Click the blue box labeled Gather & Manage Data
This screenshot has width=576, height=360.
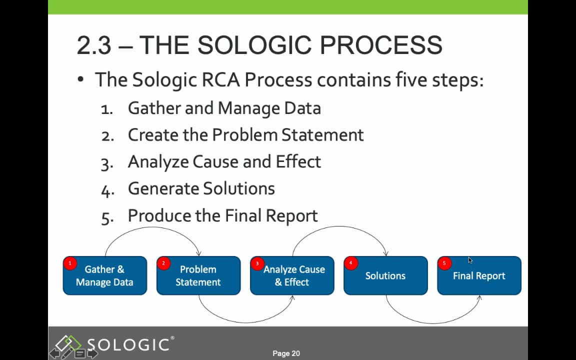click(104, 276)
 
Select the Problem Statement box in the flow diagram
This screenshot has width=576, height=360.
click(198, 276)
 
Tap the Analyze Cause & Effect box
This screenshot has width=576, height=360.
click(292, 276)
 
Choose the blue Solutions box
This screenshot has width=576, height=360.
click(385, 276)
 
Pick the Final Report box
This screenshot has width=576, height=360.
click(479, 276)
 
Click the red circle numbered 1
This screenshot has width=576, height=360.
click(70, 263)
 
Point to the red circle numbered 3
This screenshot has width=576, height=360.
click(257, 263)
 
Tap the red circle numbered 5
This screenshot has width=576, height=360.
click(444, 263)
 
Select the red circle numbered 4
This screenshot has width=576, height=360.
click(351, 263)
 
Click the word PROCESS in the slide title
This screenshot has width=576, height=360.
click(380, 45)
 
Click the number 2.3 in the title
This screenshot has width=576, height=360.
click(93, 45)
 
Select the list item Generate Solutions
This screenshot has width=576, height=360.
click(201, 188)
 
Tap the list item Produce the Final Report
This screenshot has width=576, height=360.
click(222, 215)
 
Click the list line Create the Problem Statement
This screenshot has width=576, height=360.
click(245, 135)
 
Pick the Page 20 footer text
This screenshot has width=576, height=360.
click(286, 353)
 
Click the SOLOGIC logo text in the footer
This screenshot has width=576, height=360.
click(128, 344)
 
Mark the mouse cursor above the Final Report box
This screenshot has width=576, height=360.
click(470, 260)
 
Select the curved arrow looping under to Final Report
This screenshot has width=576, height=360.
click(432, 321)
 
